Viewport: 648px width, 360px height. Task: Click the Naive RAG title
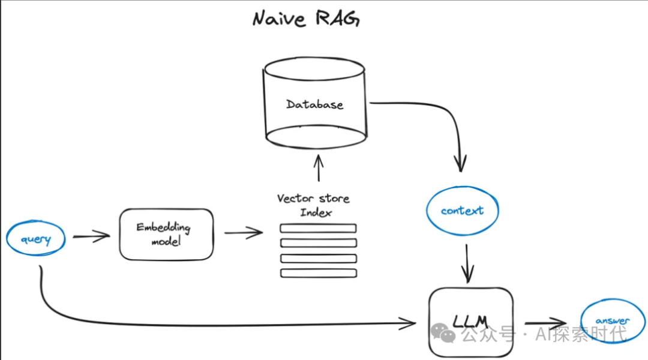305,19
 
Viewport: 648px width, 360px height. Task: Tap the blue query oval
36,239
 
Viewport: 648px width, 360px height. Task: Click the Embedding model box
166,234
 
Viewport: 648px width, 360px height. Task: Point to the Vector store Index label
313,205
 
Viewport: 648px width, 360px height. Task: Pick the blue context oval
462,211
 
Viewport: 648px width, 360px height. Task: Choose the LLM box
470,322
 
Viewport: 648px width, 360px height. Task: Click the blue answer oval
613,321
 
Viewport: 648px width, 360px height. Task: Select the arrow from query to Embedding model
91,236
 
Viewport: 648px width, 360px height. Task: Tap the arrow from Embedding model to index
244,233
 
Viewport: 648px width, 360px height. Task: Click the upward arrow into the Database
319,167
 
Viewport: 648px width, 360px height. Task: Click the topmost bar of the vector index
318,228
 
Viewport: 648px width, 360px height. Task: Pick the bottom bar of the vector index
318,273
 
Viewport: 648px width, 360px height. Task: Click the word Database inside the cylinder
314,104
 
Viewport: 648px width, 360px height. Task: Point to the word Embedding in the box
163,227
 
